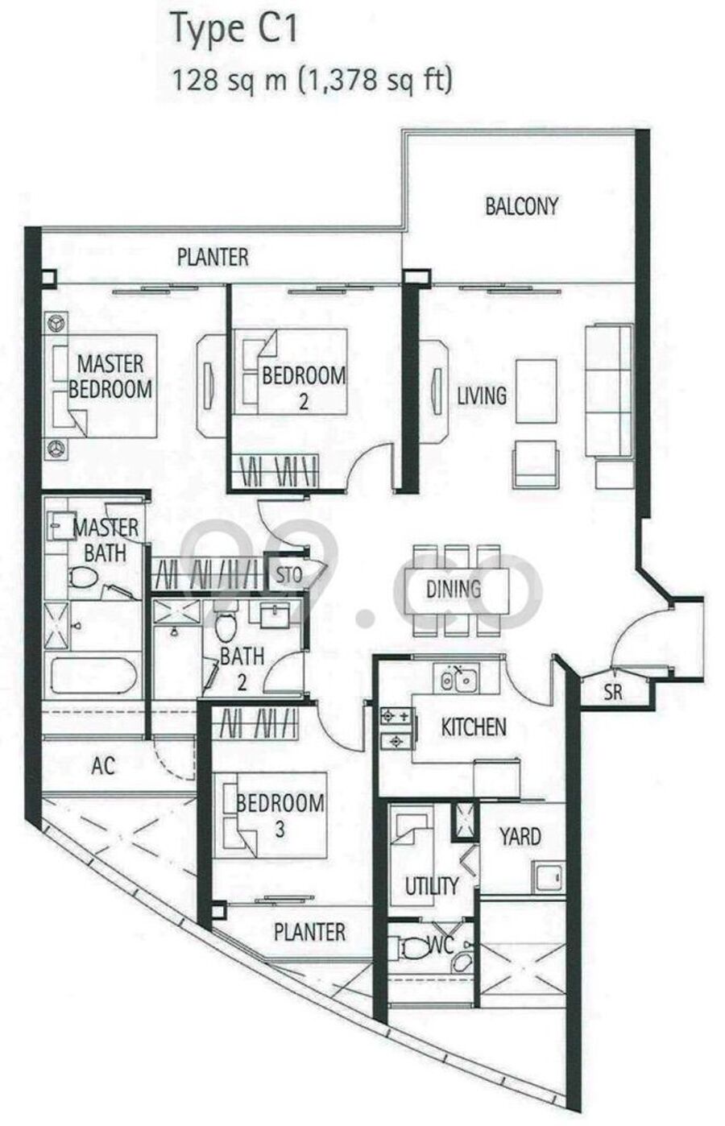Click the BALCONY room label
point(521,206)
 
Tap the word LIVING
point(482,395)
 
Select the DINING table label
point(454,589)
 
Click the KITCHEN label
point(474,727)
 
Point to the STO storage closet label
point(288,574)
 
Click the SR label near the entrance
point(613,693)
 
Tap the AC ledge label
point(103,766)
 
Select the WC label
point(441,946)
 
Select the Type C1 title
point(234,29)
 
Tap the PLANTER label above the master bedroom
point(213,257)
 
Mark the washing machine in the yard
point(549,876)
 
